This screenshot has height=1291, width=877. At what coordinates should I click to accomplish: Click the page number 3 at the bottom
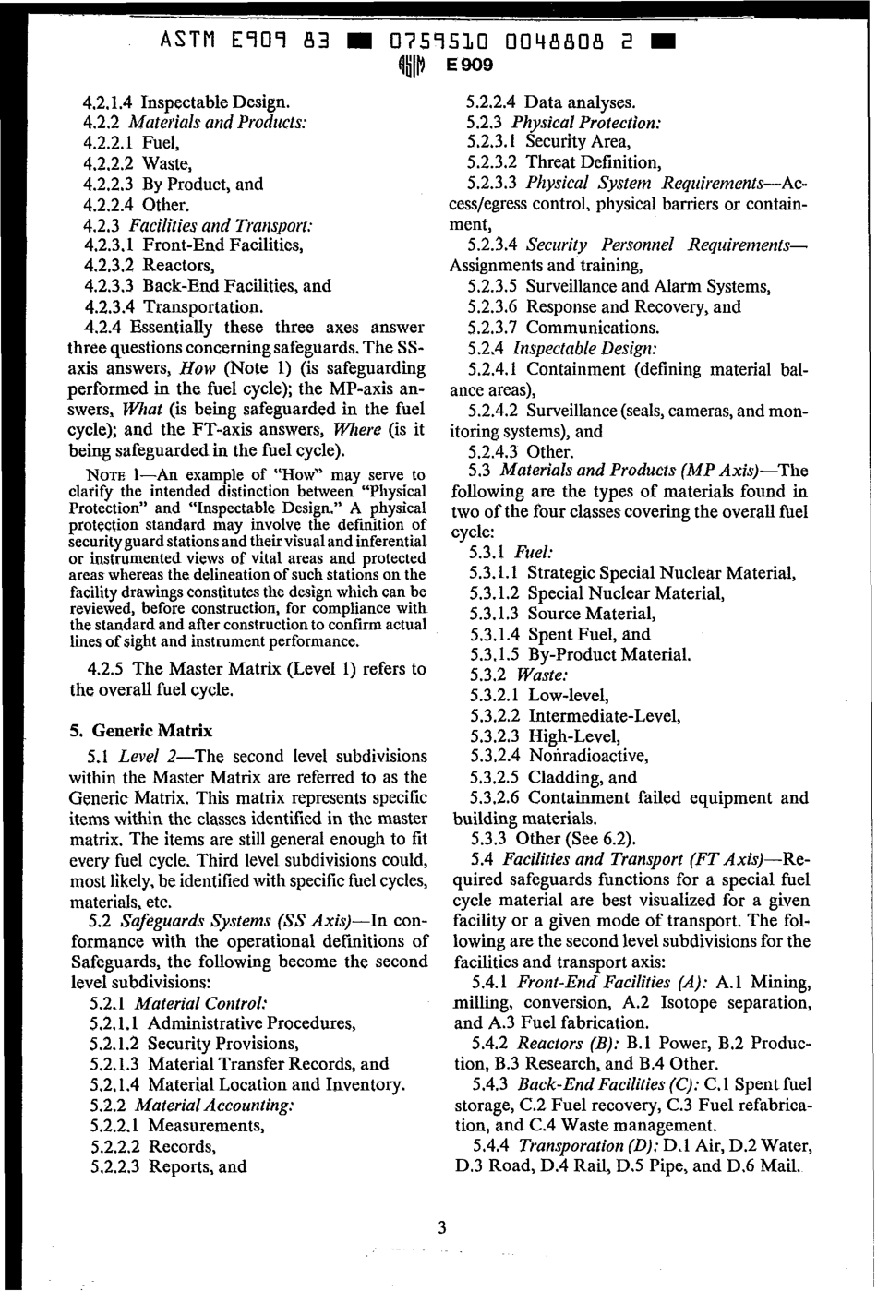[x=442, y=1226]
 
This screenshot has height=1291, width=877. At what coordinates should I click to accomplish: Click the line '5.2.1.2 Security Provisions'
[x=195, y=1044]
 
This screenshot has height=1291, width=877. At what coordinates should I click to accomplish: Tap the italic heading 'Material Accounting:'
[x=215, y=1105]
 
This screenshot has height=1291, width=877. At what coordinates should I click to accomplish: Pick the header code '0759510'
[x=442, y=42]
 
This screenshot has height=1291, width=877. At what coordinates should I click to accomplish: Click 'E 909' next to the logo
[x=469, y=66]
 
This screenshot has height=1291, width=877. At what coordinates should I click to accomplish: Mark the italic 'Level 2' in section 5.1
[x=146, y=757]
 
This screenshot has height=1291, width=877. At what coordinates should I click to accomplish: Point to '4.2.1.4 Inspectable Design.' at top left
[x=186, y=102]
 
